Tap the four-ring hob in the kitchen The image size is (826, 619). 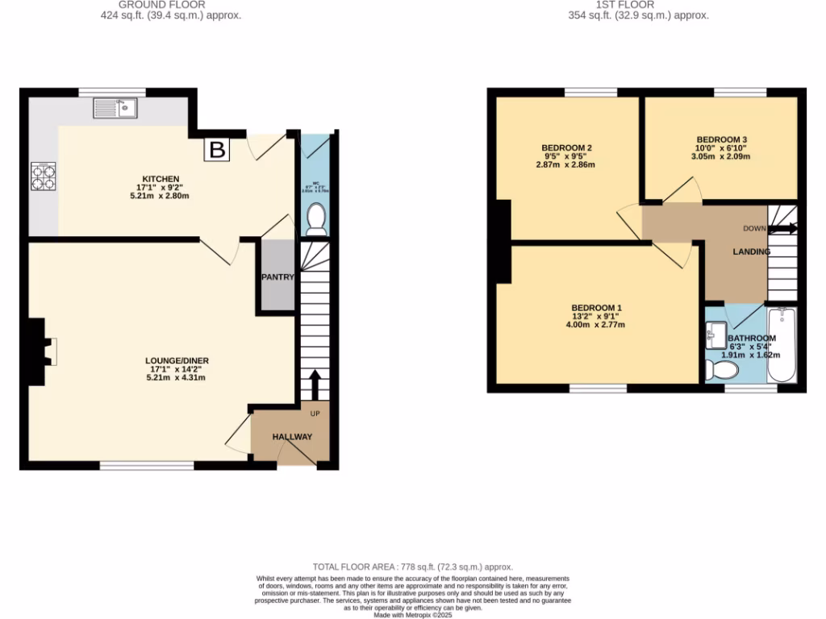point(43,176)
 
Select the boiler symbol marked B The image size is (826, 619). point(216,149)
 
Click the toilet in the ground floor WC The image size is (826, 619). point(317,218)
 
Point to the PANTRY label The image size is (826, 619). point(277,277)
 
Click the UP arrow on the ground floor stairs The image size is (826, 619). point(315,384)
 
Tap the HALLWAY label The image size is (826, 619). point(291,437)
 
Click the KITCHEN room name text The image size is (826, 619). point(161,179)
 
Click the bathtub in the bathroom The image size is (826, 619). point(781,346)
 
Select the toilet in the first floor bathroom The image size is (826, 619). point(720,370)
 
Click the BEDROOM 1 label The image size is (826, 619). point(596,308)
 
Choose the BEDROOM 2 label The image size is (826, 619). point(566,147)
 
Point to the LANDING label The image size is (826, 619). point(751,252)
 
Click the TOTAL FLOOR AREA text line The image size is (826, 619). point(412,567)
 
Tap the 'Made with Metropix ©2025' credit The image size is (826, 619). point(412,615)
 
